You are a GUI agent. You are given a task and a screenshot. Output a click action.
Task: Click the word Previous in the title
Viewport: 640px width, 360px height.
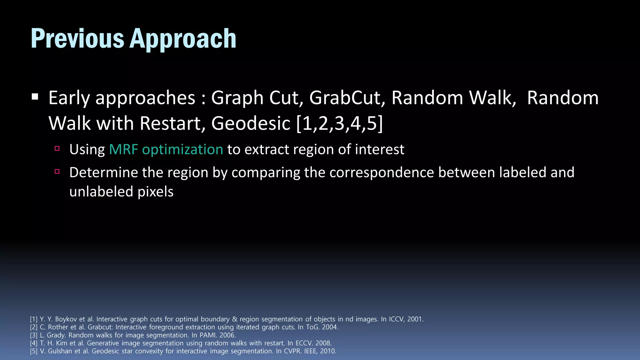[77, 38]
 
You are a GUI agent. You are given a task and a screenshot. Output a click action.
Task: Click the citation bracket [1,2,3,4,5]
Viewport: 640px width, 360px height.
[339, 123]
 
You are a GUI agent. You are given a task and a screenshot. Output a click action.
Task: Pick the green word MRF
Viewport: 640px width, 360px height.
[123, 149]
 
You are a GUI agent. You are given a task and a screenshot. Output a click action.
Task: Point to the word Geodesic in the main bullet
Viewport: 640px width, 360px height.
[251, 123]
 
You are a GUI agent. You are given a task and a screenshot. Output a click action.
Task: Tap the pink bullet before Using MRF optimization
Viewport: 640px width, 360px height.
[57, 148]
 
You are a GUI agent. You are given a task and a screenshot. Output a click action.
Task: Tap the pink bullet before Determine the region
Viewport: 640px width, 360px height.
[57, 171]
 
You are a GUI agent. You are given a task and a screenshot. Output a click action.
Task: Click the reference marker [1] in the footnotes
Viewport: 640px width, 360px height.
[33, 319]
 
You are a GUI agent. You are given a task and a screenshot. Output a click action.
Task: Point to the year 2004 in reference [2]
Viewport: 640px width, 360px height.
[330, 327]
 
